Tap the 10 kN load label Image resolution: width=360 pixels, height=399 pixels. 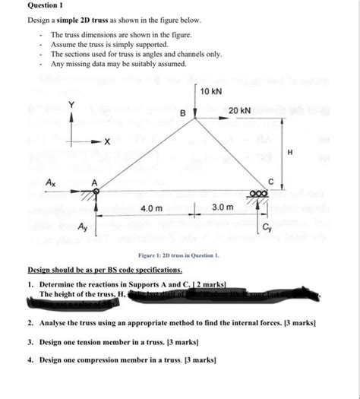click(x=212, y=92)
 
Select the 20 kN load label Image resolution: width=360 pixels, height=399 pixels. click(x=239, y=111)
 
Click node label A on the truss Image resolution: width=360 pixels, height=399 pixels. click(x=95, y=182)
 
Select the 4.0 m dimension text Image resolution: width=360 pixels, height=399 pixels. click(x=152, y=207)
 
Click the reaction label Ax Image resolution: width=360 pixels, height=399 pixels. click(x=51, y=183)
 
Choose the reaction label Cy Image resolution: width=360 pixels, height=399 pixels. click(x=267, y=227)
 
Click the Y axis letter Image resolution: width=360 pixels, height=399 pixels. click(x=72, y=104)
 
